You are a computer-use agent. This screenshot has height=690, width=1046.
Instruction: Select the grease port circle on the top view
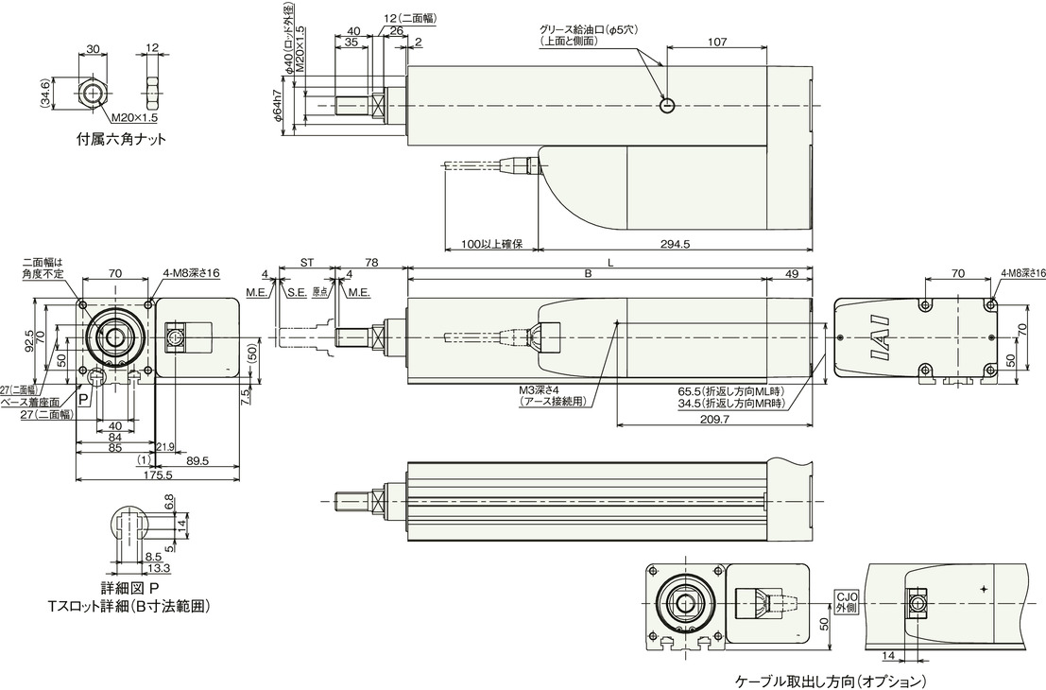point(667,105)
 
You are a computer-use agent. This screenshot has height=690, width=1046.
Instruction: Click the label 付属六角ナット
point(121,139)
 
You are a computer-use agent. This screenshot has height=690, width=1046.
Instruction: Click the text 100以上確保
point(489,243)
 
